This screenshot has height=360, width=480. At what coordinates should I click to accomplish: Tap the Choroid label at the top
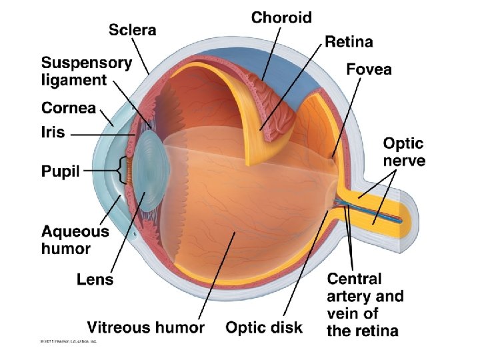[281, 17]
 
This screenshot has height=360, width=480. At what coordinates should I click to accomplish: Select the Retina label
[349, 42]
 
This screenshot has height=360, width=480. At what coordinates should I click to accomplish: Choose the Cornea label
[69, 108]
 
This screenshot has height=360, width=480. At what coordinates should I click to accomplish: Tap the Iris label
[53, 132]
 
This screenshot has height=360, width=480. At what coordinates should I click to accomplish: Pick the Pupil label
[61, 171]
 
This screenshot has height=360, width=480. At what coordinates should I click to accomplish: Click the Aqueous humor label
[75, 240]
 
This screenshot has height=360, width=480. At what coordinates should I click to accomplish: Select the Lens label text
[95, 279]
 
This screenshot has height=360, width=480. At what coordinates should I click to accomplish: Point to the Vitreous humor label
[145, 327]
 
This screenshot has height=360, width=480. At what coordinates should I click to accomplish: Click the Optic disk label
[264, 327]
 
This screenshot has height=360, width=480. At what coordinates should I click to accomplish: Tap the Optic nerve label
[403, 151]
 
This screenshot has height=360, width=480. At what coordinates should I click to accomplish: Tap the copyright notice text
[68, 342]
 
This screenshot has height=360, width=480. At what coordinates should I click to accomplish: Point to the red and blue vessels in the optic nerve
[373, 213]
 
